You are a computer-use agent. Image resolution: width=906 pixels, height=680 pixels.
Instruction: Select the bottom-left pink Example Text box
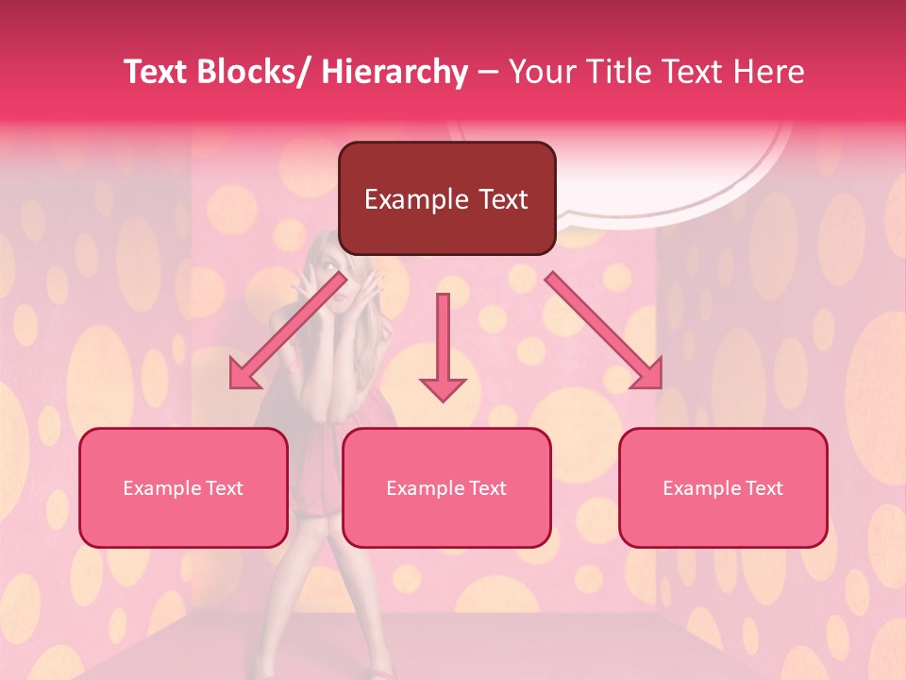183,487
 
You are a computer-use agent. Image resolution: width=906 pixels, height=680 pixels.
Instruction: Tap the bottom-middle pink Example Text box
446,487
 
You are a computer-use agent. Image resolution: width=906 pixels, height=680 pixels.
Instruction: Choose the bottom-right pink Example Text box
723,487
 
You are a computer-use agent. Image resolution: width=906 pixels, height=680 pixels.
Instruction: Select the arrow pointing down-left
288,331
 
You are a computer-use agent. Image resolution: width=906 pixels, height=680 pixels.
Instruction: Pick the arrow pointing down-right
604,331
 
